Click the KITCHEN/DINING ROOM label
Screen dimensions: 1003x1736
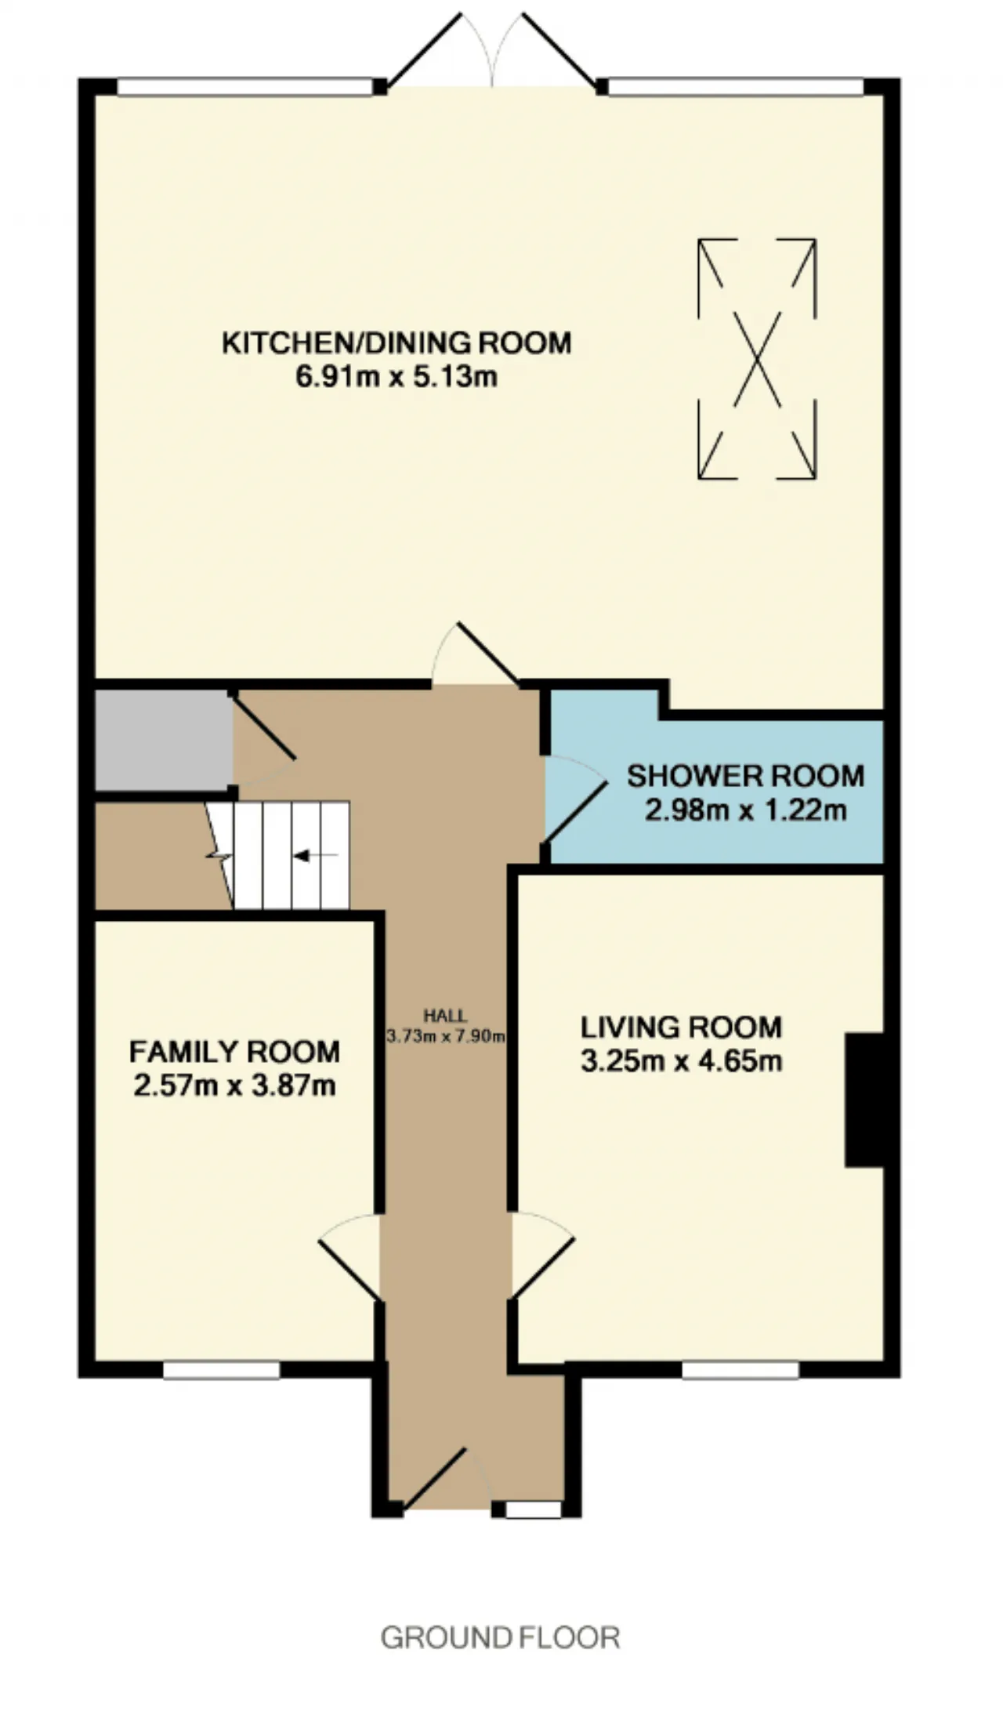click(x=396, y=343)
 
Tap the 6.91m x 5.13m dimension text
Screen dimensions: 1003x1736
click(x=396, y=378)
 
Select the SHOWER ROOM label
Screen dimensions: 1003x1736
click(x=745, y=776)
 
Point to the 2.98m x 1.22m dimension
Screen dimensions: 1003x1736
click(x=745, y=810)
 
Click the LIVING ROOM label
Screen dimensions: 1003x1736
click(x=681, y=1027)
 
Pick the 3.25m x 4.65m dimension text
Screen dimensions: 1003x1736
click(x=681, y=1061)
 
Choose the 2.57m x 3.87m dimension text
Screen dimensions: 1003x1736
click(x=234, y=1086)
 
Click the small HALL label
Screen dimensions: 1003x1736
click(x=445, y=1017)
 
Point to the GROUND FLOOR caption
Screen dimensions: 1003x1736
click(x=500, y=1638)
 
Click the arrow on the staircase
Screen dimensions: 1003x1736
click(x=315, y=855)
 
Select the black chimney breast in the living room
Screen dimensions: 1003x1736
click(x=864, y=1100)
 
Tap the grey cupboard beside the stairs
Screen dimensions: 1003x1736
click(x=164, y=741)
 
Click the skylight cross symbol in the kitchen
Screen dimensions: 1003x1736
click(x=757, y=359)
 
